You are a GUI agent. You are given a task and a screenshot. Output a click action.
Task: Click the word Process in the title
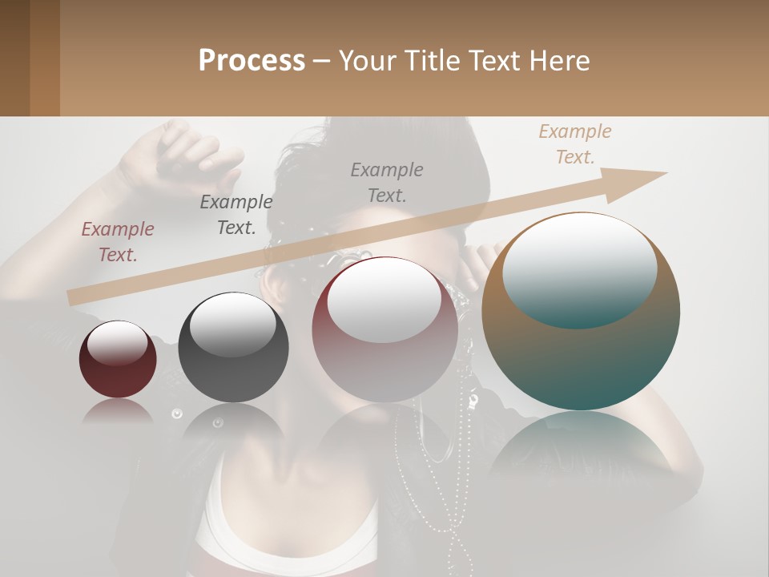tap(252, 61)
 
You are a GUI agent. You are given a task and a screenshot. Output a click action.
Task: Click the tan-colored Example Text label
tap(574, 144)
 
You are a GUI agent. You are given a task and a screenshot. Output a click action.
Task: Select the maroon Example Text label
tap(117, 241)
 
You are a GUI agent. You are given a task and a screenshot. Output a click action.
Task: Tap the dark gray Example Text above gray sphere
tap(236, 214)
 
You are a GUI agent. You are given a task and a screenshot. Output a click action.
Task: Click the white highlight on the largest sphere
tap(579, 268)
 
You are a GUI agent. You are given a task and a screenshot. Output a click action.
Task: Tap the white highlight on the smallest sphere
tap(117, 342)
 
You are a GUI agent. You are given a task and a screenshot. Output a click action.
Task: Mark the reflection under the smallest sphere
tap(117, 410)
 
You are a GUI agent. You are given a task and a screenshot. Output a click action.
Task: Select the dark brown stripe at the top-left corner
tap(14, 58)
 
